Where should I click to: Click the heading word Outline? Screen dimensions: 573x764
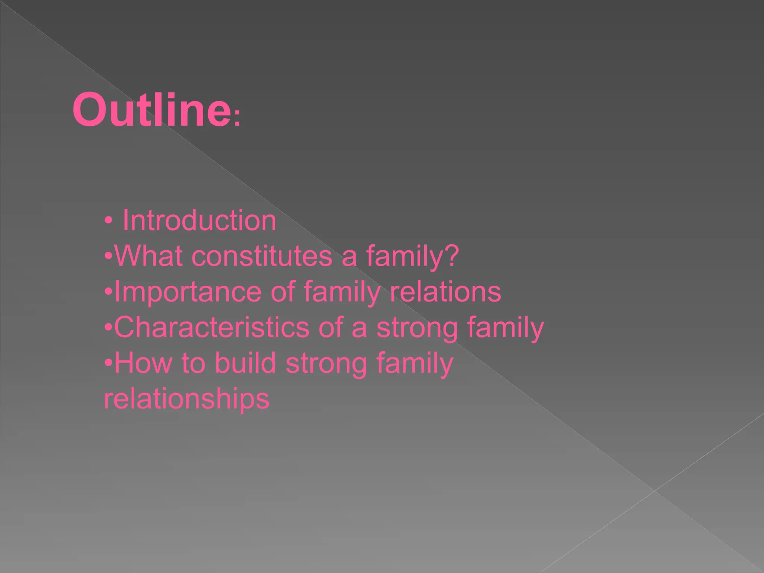point(151,110)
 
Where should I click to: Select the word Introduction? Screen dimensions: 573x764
point(199,220)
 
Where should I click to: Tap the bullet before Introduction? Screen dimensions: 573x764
point(108,221)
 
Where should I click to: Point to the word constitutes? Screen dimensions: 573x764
point(262,257)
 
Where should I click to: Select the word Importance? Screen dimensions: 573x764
point(188,292)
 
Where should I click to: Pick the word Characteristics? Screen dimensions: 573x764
point(212,328)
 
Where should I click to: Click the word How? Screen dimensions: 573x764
point(143,363)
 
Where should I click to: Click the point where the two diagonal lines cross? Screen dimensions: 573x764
point(654,491)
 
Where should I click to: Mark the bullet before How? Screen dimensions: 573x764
point(108,363)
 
